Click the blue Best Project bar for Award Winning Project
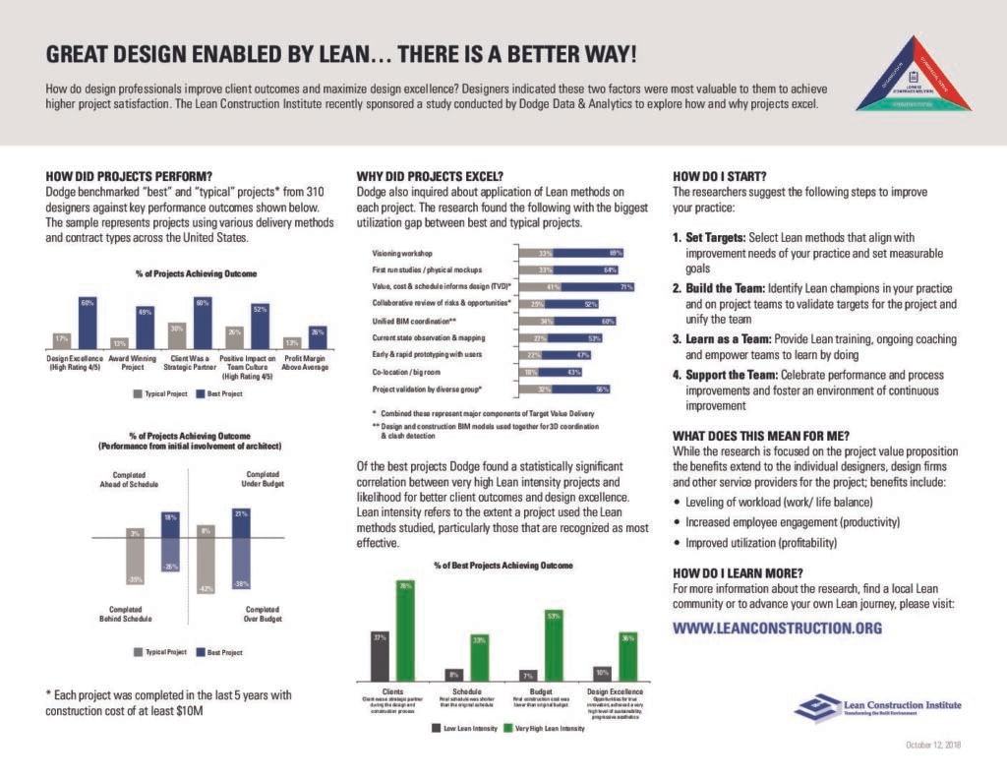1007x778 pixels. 145,328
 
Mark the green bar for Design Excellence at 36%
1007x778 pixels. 628,655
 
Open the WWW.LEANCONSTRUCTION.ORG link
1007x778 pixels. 777,628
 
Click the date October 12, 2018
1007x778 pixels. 933,745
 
